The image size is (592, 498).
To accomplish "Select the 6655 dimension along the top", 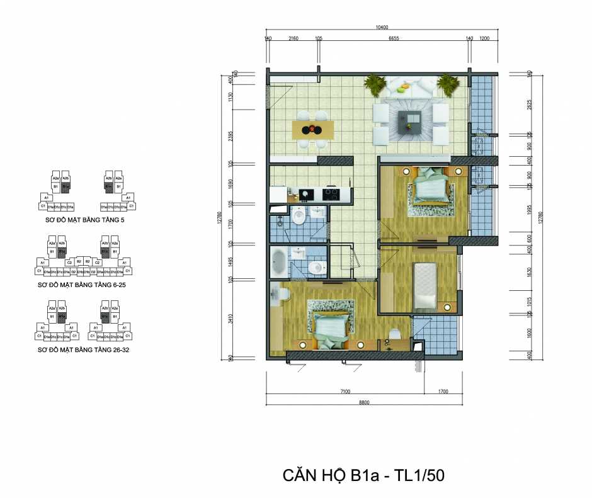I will [394, 38].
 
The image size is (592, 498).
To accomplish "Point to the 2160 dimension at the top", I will [293, 38].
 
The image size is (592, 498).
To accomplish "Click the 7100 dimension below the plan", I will [344, 391].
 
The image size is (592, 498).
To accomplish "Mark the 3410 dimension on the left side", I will [232, 319].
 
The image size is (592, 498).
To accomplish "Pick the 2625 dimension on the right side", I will [530, 104].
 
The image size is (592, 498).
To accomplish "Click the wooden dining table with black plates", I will [313, 130].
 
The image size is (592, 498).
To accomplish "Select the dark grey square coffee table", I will [411, 120].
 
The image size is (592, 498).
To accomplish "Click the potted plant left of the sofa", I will [375, 84].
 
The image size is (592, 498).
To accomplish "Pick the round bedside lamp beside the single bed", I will [448, 307].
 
